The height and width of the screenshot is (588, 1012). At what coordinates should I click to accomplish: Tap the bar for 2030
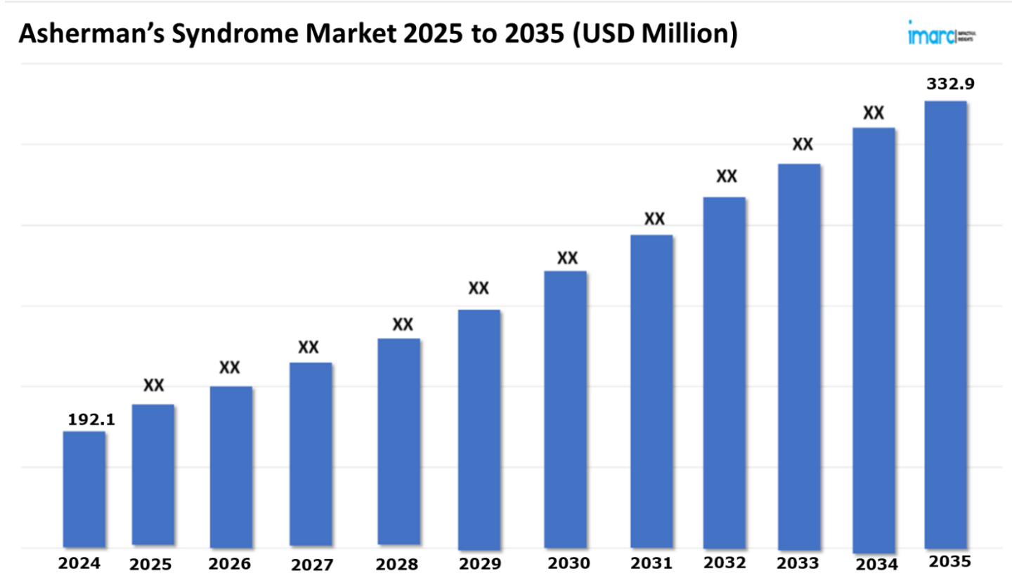click(x=566, y=409)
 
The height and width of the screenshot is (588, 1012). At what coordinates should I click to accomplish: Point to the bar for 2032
click(x=725, y=372)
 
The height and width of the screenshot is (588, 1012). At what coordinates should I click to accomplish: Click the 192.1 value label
click(x=91, y=420)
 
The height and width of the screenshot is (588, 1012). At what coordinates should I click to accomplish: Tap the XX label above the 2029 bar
click(x=479, y=289)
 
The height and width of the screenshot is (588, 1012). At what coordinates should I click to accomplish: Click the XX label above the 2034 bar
click(x=874, y=113)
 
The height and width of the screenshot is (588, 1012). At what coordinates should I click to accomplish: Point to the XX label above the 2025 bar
click(x=154, y=385)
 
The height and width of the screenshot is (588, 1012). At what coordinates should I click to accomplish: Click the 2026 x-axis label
click(x=231, y=563)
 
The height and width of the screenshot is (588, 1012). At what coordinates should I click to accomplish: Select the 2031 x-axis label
click(x=651, y=563)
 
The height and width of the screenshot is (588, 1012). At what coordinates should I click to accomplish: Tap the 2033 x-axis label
click(x=798, y=563)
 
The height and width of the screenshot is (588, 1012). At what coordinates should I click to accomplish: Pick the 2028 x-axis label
click(x=397, y=564)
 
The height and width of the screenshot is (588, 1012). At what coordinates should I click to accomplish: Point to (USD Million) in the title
click(x=656, y=34)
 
